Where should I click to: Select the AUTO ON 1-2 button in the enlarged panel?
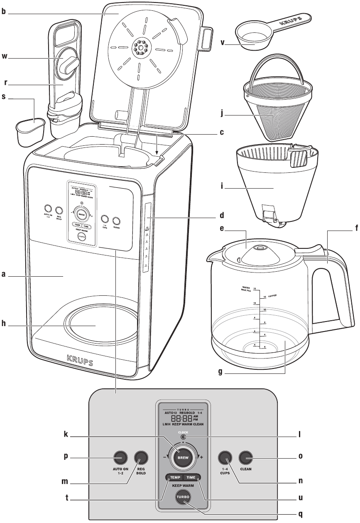point(120,457)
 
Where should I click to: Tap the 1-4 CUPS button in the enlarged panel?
point(225,457)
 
